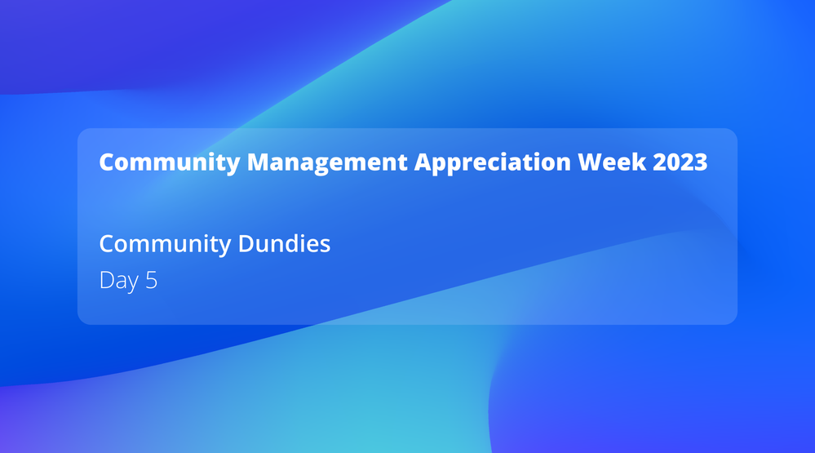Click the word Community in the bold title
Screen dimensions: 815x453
click(170, 162)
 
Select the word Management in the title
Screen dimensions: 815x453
click(327, 162)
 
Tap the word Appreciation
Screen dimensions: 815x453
click(492, 162)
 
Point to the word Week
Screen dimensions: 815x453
click(612, 162)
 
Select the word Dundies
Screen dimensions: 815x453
click(284, 243)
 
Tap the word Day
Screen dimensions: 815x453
click(119, 281)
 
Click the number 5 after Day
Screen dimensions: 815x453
click(151, 280)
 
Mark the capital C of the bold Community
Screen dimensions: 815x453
click(108, 162)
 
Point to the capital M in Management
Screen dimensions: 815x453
click(259, 162)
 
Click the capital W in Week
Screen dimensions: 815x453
click(591, 162)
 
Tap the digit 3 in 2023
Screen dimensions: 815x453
click(701, 162)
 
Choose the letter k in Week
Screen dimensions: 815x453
click(640, 162)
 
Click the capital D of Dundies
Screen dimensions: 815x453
click(246, 244)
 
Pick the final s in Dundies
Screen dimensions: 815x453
click(326, 246)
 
